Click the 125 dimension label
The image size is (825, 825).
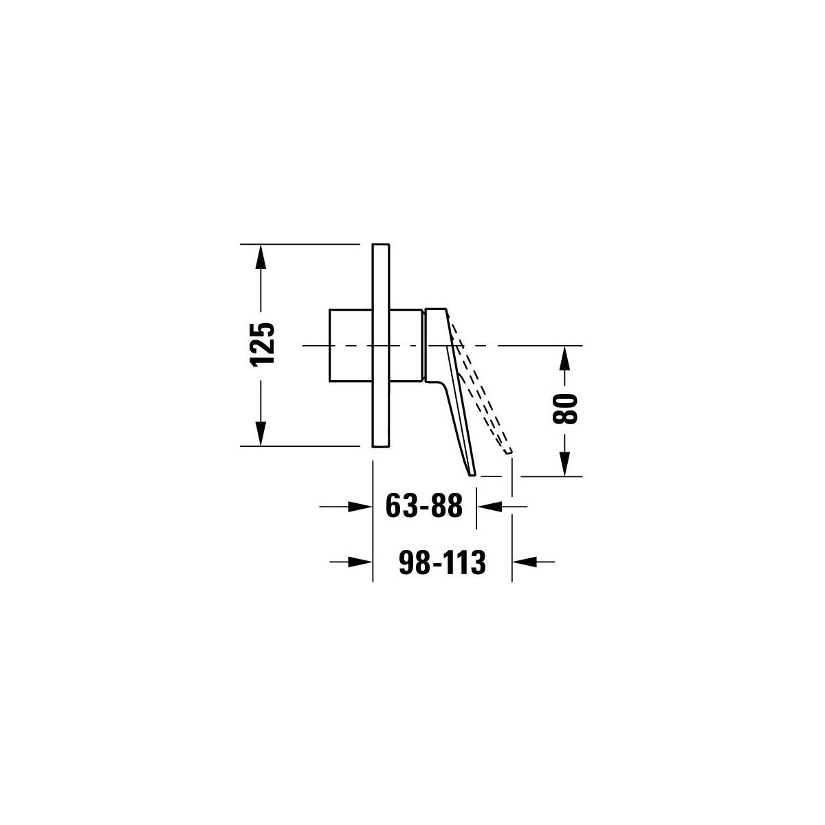coord(262,344)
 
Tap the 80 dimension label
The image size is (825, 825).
coord(565,408)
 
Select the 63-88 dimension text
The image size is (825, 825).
coord(424,505)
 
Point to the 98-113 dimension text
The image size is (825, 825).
coord(442,562)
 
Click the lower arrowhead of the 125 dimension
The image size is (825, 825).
coord(261,433)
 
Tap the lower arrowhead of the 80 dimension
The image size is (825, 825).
coord(565,464)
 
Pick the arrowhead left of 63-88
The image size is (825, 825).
coord(360,507)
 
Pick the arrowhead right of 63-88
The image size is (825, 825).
coord(489,507)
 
